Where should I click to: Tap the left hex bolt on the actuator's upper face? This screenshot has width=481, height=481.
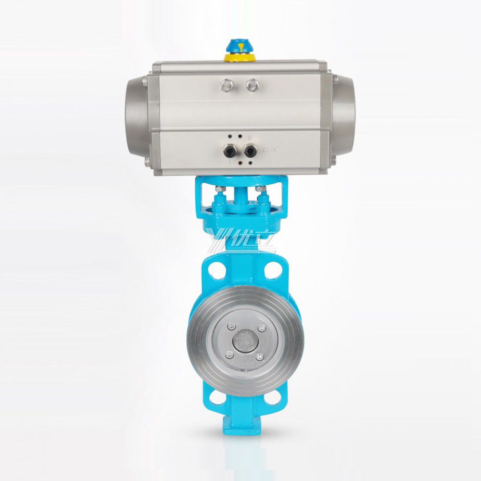[225, 86]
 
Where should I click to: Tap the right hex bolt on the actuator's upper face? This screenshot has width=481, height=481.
[251, 86]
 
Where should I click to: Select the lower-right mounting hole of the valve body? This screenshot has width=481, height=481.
[275, 398]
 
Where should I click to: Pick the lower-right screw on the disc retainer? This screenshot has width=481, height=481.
[260, 357]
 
